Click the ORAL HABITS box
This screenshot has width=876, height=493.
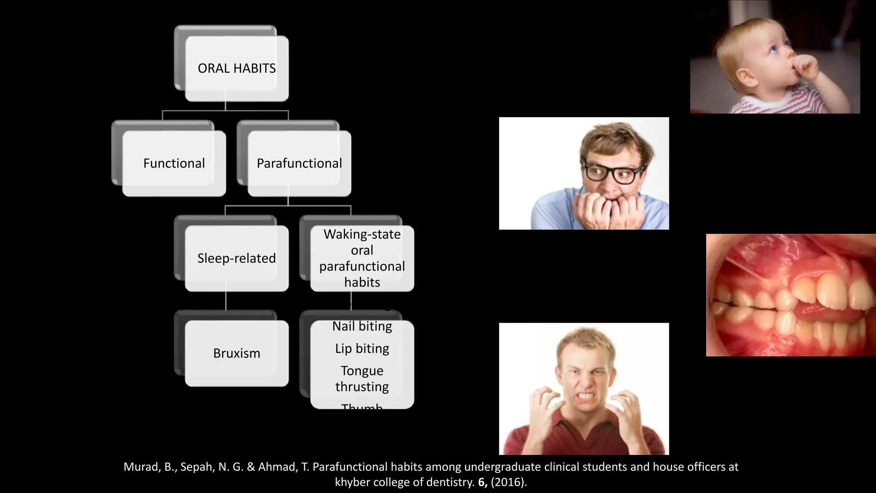click(237, 68)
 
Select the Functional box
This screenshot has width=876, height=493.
click(174, 163)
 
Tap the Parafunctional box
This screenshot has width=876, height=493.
click(299, 163)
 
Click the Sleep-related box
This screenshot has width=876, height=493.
click(237, 258)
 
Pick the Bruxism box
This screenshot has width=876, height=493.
click(237, 353)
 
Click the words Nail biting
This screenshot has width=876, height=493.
click(362, 327)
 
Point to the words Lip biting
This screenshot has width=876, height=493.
click(362, 349)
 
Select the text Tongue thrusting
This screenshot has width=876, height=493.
click(362, 379)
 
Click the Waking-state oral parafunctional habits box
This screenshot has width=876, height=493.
click(362, 258)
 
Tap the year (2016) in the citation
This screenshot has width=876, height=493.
click(508, 482)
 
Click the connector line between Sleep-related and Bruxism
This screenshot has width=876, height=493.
click(226, 301)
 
